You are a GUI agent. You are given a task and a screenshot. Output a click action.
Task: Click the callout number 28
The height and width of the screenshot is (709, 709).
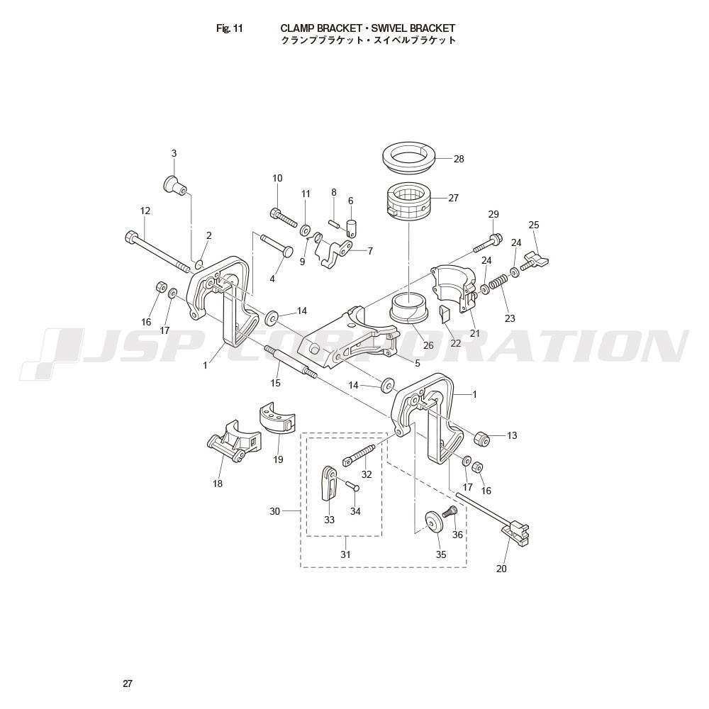point(459,159)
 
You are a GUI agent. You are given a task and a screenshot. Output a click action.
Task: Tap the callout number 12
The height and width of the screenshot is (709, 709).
point(145,211)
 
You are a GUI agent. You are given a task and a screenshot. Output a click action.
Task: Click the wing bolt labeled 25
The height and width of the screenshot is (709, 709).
point(535,262)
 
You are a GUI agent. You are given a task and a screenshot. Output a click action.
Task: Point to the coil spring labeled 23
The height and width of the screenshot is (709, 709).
point(498,283)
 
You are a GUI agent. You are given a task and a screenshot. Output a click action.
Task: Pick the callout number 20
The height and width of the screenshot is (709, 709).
point(501,569)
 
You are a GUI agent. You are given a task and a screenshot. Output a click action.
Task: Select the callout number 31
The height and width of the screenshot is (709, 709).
point(345,554)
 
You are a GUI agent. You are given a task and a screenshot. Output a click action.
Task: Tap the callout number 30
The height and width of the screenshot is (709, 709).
point(275,511)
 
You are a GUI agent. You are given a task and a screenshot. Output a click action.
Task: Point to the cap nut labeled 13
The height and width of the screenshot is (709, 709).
point(482,438)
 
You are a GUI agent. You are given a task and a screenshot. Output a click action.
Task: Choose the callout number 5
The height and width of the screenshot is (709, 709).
point(418,362)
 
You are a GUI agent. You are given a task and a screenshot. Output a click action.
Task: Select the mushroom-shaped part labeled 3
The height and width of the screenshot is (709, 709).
point(174,184)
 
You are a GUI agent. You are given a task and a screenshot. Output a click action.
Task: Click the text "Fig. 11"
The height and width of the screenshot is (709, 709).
point(229,28)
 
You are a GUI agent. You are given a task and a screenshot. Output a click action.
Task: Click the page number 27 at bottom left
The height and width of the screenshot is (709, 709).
point(128,683)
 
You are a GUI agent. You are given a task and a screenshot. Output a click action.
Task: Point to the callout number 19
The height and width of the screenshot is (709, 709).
point(278,459)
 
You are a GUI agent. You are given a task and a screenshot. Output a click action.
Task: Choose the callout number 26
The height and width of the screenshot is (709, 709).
point(428,345)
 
